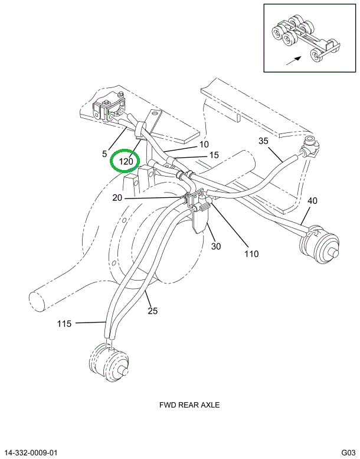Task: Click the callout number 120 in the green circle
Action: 126,161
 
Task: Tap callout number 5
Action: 104,154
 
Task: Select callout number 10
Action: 204,144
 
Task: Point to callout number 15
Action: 214,155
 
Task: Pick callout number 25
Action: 153,311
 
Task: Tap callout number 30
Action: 215,246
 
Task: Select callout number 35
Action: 263,141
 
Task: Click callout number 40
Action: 312,201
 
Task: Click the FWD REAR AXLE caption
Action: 189,405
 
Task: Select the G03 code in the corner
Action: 348,453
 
